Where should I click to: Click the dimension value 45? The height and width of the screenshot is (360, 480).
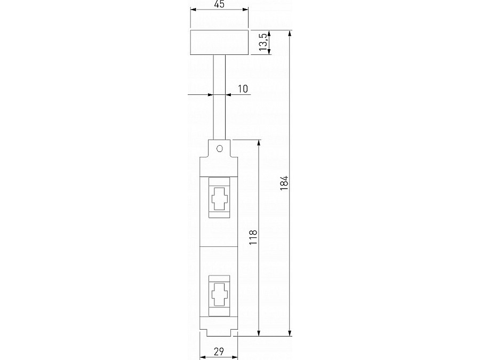click(x=220, y=4)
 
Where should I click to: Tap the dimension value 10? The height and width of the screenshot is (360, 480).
click(x=243, y=89)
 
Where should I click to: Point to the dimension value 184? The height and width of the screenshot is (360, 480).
click(x=284, y=183)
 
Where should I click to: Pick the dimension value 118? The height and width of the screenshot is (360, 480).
click(x=253, y=237)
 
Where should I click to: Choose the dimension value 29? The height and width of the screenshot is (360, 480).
click(x=219, y=352)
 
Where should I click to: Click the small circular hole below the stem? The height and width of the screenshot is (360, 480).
click(x=220, y=149)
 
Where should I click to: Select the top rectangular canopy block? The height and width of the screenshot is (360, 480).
click(x=219, y=42)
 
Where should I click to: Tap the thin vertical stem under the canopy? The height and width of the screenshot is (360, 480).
click(x=219, y=98)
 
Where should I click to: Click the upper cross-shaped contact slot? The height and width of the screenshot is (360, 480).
click(x=220, y=199)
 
